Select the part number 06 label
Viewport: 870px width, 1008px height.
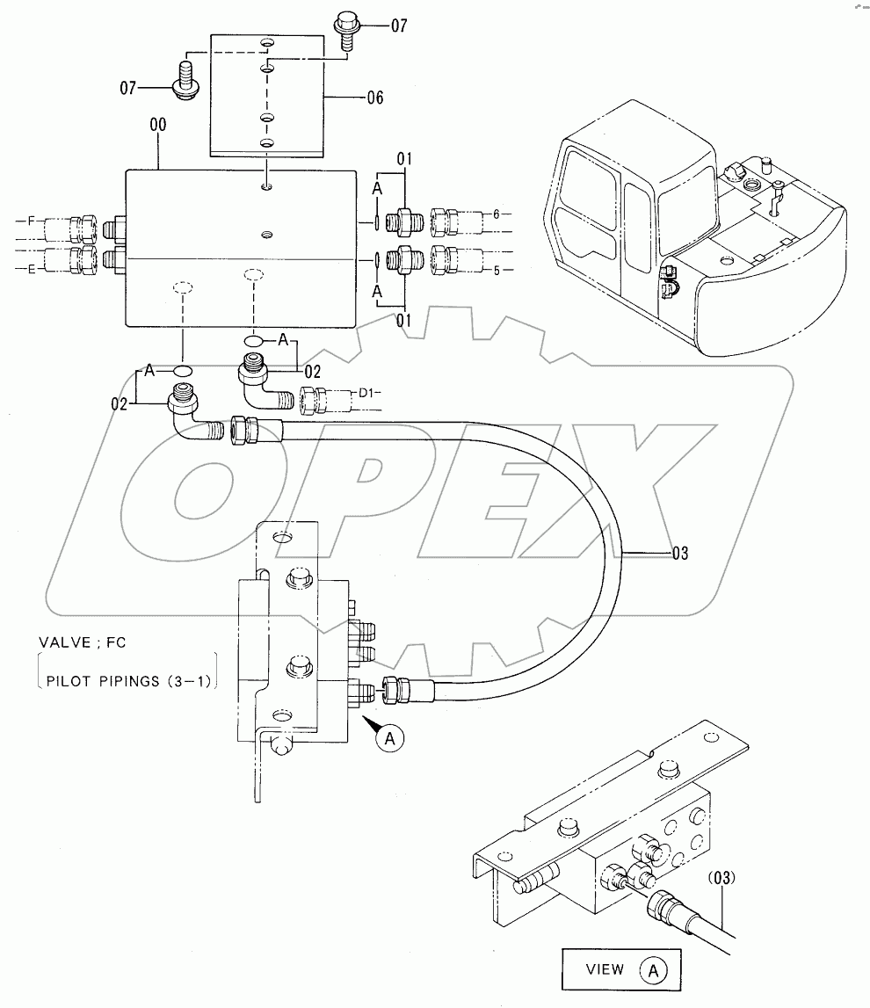pyautogui.click(x=374, y=98)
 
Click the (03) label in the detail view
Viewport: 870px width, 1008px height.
pyautogui.click(x=719, y=877)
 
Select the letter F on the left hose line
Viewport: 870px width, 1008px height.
pyautogui.click(x=33, y=221)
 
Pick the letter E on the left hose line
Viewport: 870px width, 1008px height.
pyautogui.click(x=33, y=270)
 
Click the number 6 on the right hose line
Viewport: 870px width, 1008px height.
pyautogui.click(x=497, y=214)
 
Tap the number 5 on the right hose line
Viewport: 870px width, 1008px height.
pyautogui.click(x=497, y=270)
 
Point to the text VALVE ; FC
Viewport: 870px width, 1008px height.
pyautogui.click(x=82, y=642)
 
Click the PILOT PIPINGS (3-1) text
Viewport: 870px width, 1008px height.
pyautogui.click(x=130, y=680)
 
